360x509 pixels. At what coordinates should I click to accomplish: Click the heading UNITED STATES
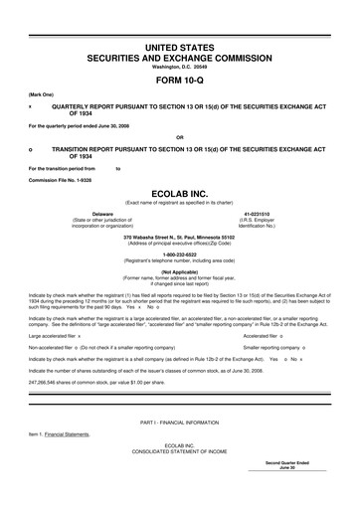tap(180, 48)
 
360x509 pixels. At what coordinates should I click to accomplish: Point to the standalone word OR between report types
tap(179, 136)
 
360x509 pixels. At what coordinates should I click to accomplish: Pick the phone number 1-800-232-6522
tap(180, 254)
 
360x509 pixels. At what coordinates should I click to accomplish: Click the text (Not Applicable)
tap(180, 270)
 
